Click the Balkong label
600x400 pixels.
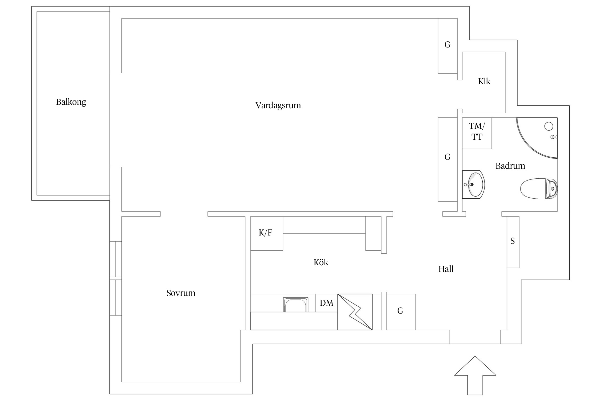[x=71, y=102]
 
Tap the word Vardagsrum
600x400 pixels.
[x=278, y=106]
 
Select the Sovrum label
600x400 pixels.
[x=181, y=293]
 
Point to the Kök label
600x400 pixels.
[x=321, y=263]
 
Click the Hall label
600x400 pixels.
[x=446, y=269]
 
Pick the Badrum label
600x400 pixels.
[x=510, y=166]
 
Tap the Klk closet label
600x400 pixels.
[x=484, y=82]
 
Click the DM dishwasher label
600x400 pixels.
[x=326, y=303]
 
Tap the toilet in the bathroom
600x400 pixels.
[x=539, y=189]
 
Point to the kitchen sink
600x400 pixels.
[x=295, y=305]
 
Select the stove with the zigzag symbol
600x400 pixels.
[x=355, y=312]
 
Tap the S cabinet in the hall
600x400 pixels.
[x=513, y=241]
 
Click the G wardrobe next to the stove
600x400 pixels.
[x=401, y=311]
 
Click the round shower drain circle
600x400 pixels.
[x=549, y=126]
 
